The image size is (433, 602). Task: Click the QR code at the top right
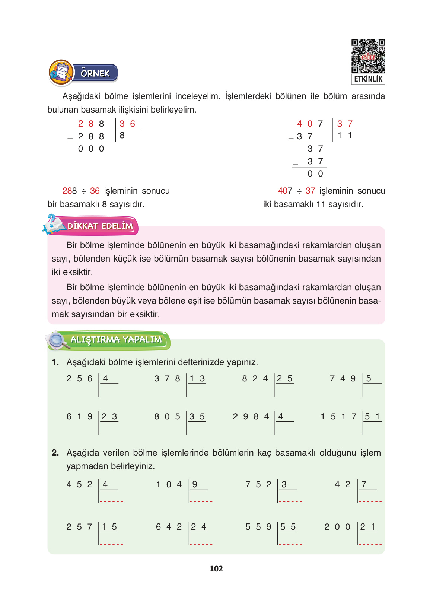pyautogui.click(x=368, y=56)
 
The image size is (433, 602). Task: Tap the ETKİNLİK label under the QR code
pyautogui.click(x=368, y=79)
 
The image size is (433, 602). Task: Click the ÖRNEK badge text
pyautogui.click(x=95, y=73)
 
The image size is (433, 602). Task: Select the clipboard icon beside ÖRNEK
pyautogui.click(x=61, y=72)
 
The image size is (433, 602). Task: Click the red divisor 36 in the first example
pyautogui.click(x=127, y=124)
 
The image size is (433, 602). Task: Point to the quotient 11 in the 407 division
pyautogui.click(x=345, y=135)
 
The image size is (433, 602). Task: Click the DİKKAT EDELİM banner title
pyautogui.click(x=100, y=226)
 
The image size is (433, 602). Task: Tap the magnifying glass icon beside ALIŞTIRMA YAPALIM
pyautogui.click(x=58, y=340)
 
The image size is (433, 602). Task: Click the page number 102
pyautogui.click(x=216, y=568)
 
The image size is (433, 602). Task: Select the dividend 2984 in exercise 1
pyautogui.click(x=251, y=416)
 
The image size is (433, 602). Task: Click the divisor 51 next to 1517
pyautogui.click(x=372, y=416)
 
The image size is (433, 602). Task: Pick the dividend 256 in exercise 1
pyautogui.click(x=79, y=378)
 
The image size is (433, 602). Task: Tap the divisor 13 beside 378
pyautogui.click(x=197, y=378)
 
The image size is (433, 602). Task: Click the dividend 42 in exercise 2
pyautogui.click(x=343, y=484)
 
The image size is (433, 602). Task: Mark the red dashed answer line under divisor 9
pyautogui.click(x=201, y=501)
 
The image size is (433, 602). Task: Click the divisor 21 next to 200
pyautogui.click(x=367, y=527)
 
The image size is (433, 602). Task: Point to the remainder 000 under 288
pyautogui.click(x=91, y=149)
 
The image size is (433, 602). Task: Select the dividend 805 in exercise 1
pyautogui.click(x=167, y=416)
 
